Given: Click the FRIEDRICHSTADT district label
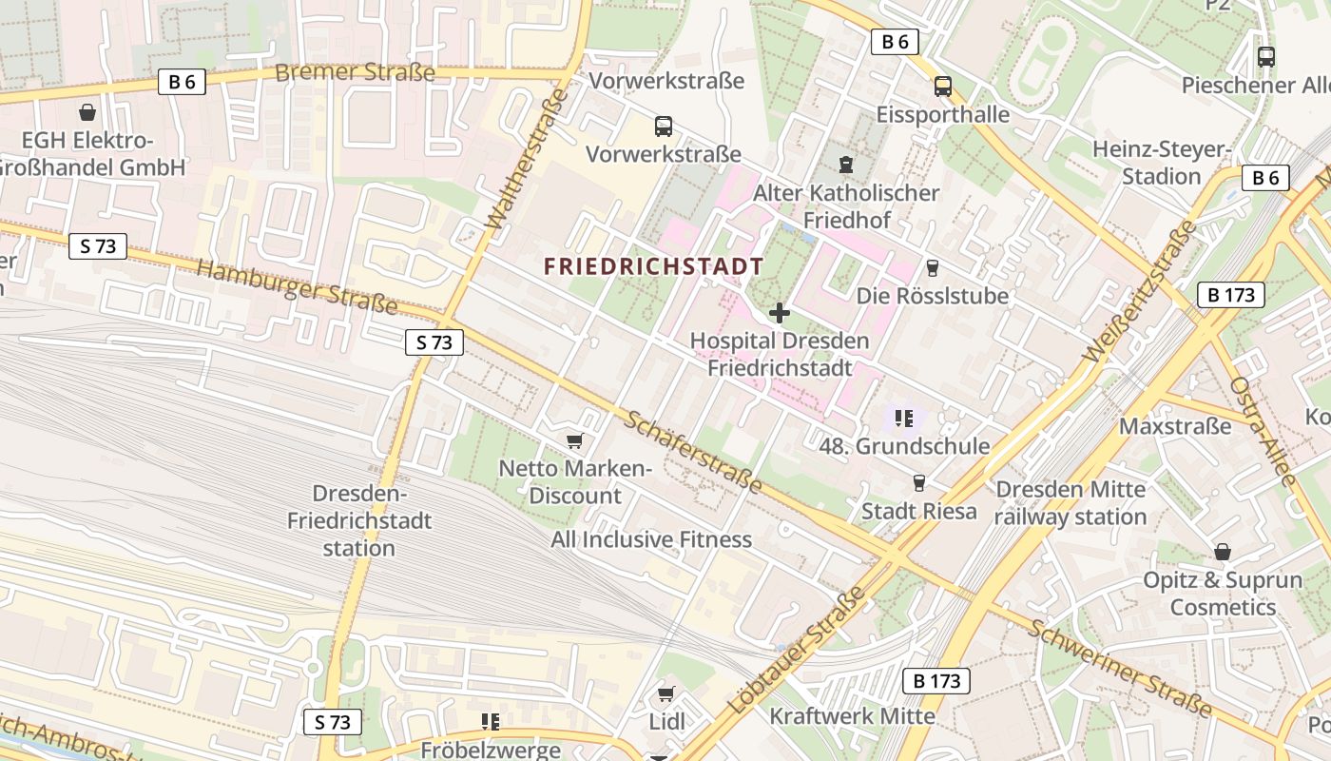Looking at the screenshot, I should click(x=654, y=266).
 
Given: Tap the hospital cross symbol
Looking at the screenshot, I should click(x=780, y=313).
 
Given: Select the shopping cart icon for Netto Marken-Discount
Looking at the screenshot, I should click(x=573, y=440).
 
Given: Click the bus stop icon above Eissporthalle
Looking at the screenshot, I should click(x=942, y=87).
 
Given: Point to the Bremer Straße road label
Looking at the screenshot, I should click(x=355, y=72).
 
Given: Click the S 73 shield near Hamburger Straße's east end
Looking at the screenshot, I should click(x=434, y=342).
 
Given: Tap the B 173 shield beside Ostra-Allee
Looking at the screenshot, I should click(x=1231, y=295).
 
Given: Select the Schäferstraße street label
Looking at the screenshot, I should click(x=694, y=453).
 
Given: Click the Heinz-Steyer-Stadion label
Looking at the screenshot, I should click(x=1162, y=163).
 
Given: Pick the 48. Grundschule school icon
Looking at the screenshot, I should click(x=904, y=418).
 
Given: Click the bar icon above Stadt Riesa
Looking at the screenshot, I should click(x=918, y=483).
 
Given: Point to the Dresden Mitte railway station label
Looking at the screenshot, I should click(x=1071, y=503).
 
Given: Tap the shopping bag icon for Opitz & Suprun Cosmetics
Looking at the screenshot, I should click(x=1223, y=552).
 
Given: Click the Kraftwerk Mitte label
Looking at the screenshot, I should click(x=853, y=715).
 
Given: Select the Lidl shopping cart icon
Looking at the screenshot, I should click(x=666, y=694).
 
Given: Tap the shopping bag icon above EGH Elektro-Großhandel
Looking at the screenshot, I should click(x=87, y=112).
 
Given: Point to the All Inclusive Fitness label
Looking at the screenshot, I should click(x=651, y=539).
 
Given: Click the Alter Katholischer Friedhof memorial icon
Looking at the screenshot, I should click(x=845, y=164).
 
